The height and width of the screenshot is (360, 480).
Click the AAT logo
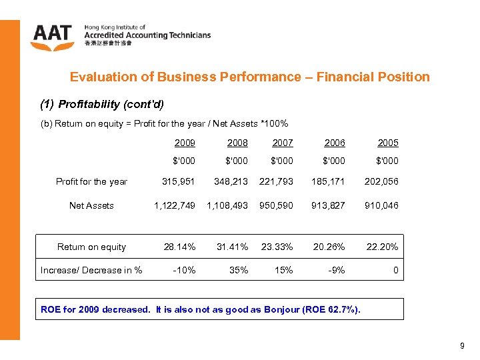pyautogui.click(x=53, y=37)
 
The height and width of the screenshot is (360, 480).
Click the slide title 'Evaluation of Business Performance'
pyautogui.click(x=249, y=77)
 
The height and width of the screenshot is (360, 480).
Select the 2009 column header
pyautogui.click(x=185, y=143)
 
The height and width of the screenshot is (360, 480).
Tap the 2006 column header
pyautogui.click(x=335, y=143)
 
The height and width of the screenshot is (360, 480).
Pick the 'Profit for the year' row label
pyautogui.click(x=91, y=181)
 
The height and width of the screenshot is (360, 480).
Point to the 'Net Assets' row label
pyautogui.click(x=91, y=205)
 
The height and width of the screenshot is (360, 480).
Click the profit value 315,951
pyautogui.click(x=179, y=181)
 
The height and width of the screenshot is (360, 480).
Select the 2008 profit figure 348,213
pyautogui.click(x=231, y=181)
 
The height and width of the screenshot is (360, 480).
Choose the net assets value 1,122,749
pyautogui.click(x=175, y=205)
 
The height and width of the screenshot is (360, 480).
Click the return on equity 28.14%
pyautogui.click(x=180, y=247)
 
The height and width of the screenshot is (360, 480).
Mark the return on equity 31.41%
pyautogui.click(x=232, y=247)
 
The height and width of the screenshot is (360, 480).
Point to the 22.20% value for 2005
pyautogui.click(x=382, y=247)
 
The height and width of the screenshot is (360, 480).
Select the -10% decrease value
pyautogui.click(x=184, y=270)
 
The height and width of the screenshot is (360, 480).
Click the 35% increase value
pyautogui.click(x=239, y=270)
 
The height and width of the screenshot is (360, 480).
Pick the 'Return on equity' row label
pyautogui.click(x=91, y=247)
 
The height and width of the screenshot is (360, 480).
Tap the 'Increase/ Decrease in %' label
pyautogui.click(x=91, y=270)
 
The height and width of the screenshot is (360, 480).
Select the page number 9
pyautogui.click(x=462, y=346)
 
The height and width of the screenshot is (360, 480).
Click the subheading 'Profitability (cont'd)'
pyautogui.click(x=111, y=104)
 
